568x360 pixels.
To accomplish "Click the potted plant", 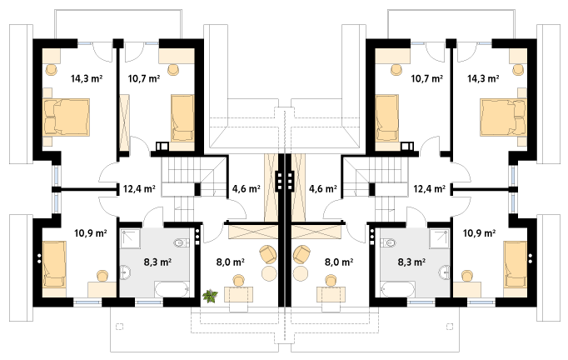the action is tap(210, 296).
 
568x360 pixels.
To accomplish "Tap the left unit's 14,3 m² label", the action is tap(87, 78).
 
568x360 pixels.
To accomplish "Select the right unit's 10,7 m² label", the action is tap(426, 78).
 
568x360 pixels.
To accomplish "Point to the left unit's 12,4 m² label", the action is tap(139, 189).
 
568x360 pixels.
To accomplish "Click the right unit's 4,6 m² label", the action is tap(323, 189).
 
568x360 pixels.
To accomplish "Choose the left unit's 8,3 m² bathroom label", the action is tap(157, 262).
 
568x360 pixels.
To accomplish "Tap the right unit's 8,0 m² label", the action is tap(339, 262).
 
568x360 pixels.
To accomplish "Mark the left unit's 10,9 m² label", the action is tap(91, 233).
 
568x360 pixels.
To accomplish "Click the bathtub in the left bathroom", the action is tap(172, 290).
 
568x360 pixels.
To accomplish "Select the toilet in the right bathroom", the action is tap(387, 242).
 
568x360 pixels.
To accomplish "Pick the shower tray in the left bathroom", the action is tap(130, 238).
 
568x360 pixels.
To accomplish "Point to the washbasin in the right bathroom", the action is tap(444, 272).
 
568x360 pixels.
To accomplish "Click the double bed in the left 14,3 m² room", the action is tap(66, 117).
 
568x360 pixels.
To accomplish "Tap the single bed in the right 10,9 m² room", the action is tap(515, 265).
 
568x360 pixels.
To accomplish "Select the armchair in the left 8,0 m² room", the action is tap(268, 254).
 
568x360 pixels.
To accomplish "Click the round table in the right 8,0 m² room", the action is tap(301, 273).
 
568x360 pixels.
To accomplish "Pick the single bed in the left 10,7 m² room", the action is tap(182, 117).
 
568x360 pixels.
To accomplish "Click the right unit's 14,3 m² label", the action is tap(483, 78).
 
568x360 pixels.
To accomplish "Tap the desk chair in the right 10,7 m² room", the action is tap(396, 69).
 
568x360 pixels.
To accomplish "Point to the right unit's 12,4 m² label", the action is tap(430, 189).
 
